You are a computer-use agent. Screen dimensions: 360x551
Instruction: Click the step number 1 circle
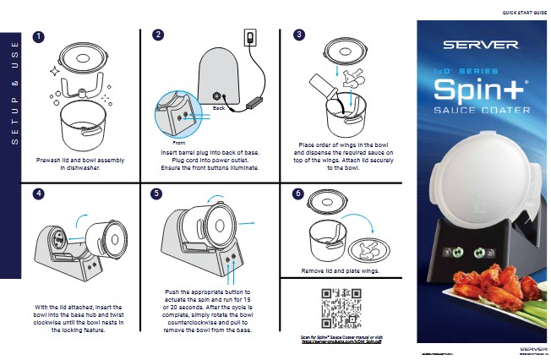[38, 37]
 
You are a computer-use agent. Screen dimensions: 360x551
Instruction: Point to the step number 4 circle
[38, 194]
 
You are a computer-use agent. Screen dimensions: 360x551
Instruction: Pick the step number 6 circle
[298, 194]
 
